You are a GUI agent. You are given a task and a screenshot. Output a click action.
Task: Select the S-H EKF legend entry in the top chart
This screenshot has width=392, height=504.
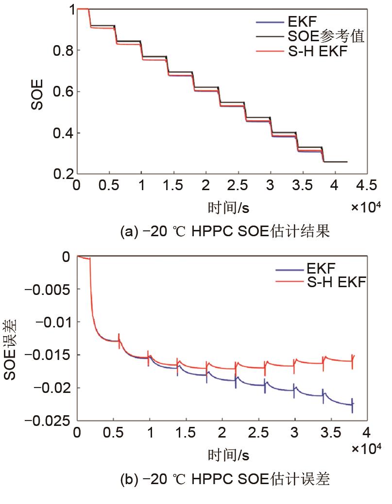coord(318,51)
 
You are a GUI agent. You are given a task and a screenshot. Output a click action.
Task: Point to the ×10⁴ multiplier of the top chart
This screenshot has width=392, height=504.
coord(366,208)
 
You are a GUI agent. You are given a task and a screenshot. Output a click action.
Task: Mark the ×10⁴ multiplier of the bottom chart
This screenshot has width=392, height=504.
coord(366,449)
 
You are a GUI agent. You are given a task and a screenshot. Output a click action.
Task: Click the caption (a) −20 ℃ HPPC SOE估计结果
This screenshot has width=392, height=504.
coord(225,232)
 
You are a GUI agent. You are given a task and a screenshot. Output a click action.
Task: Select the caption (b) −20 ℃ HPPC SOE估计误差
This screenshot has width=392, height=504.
coord(225,480)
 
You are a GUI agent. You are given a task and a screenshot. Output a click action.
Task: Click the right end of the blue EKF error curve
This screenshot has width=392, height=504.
coord(353,404)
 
